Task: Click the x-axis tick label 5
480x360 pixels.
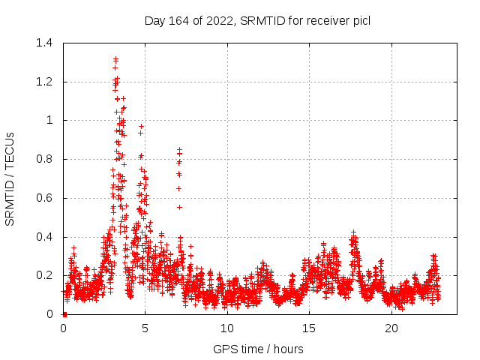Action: [x=145, y=328]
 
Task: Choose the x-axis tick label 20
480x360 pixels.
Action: [x=391, y=328]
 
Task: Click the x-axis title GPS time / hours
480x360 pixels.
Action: [x=258, y=349]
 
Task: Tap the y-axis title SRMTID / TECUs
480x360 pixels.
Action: [x=10, y=178]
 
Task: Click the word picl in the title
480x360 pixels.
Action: [x=361, y=20]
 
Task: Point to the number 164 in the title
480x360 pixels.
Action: [x=180, y=20]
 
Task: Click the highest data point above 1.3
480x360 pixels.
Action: [x=115, y=58]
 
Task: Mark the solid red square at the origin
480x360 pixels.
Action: [x=64, y=314]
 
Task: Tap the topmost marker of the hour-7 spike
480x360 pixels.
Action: [x=179, y=149]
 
